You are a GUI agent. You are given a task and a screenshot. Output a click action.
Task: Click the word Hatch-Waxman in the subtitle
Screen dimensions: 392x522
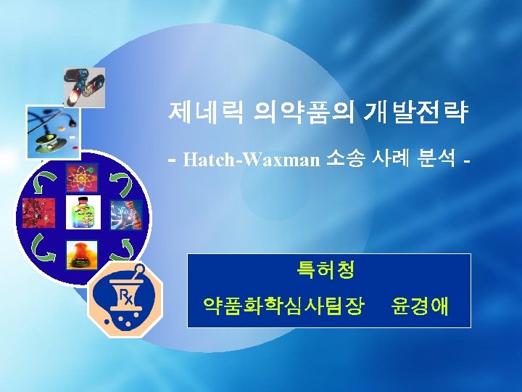(252, 159)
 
